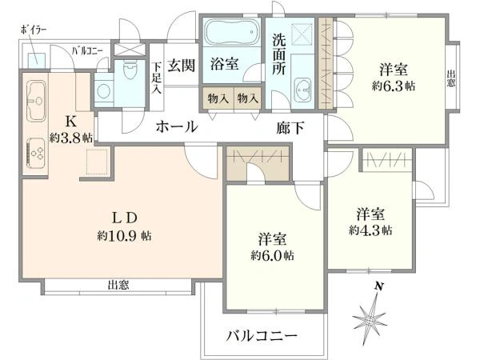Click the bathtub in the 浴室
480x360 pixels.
232,32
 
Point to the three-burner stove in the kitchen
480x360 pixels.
36,154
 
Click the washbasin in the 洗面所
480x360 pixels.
302,90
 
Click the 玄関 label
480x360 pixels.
182,66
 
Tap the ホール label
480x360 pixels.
177,126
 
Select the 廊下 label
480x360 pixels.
290,128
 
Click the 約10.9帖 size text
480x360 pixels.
124,236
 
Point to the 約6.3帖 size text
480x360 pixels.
394,86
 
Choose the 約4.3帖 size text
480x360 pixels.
370,230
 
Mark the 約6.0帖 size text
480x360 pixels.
272,255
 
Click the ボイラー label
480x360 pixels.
34,30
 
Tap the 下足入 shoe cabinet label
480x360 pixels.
157,78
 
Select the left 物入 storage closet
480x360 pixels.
218,98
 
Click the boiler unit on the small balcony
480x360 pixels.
37,61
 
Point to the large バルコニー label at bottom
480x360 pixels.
262,336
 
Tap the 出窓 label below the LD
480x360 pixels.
118,286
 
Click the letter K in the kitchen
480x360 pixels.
71,122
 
